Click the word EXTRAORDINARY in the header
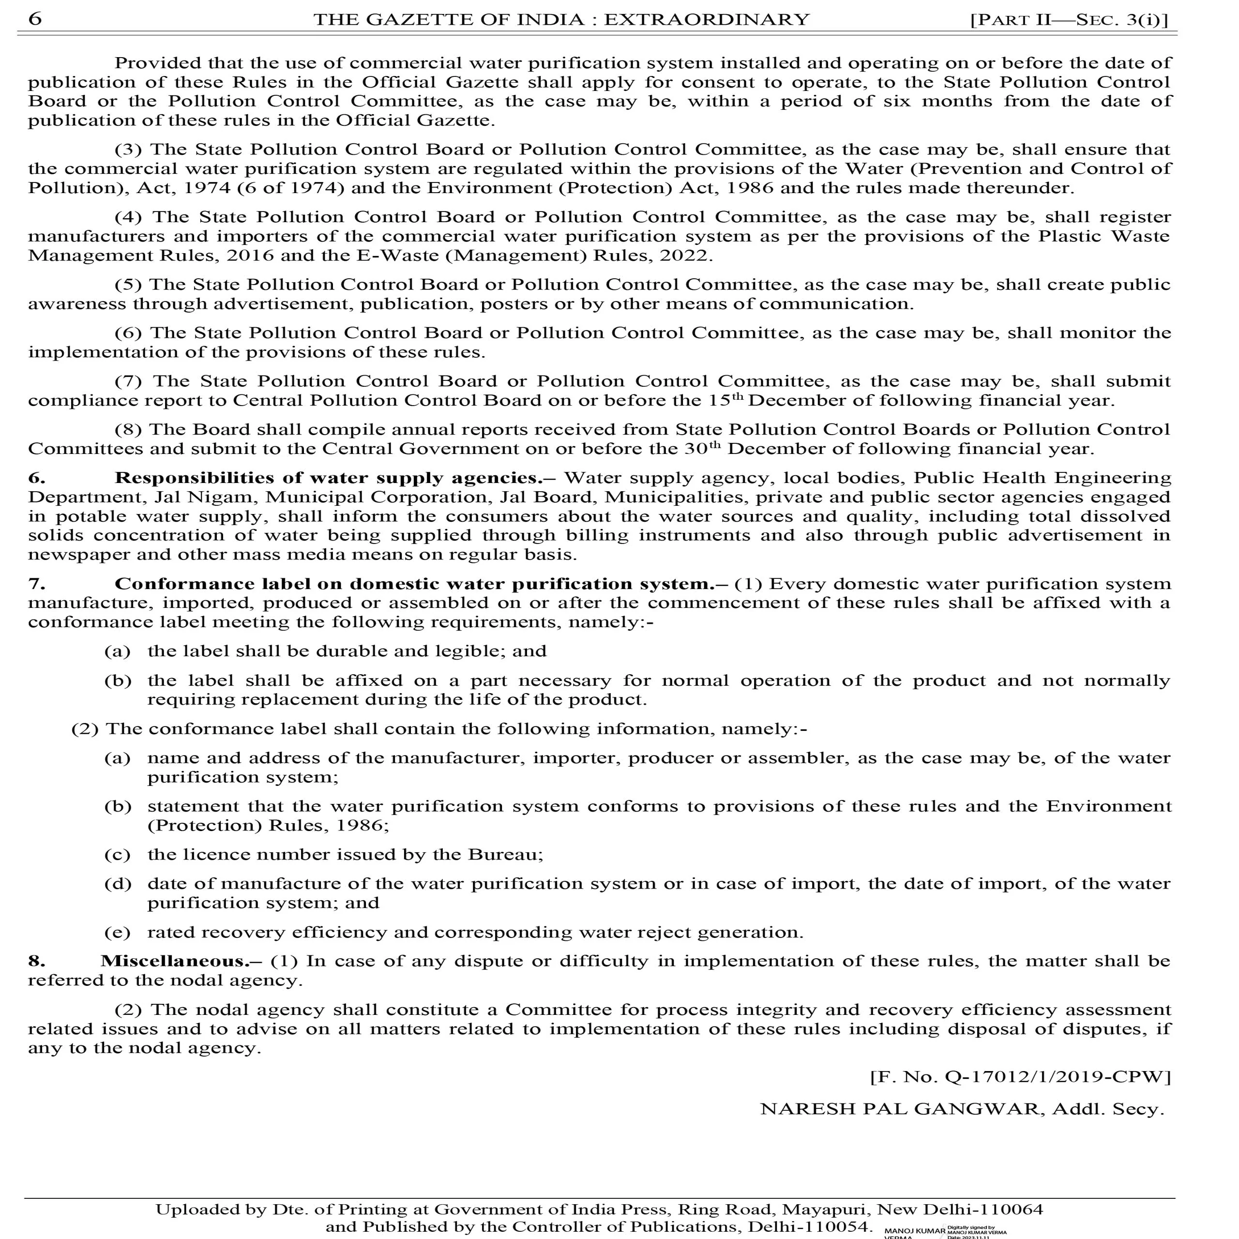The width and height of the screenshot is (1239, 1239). pyautogui.click(x=707, y=19)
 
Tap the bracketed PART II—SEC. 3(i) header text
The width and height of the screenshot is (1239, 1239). pyautogui.click(x=1070, y=20)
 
